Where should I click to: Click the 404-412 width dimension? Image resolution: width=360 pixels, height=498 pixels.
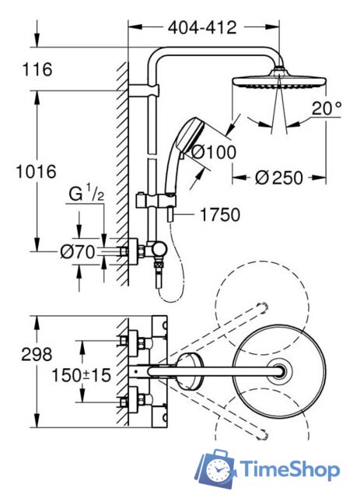tap(202, 28)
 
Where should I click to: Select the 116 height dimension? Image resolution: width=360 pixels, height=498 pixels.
tap(37, 69)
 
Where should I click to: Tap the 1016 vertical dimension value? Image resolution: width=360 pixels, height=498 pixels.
tap(37, 171)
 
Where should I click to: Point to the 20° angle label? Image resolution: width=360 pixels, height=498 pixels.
tap(327, 108)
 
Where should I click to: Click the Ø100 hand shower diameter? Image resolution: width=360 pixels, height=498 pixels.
tap(214, 153)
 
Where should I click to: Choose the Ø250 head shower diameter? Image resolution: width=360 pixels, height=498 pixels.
tap(279, 177)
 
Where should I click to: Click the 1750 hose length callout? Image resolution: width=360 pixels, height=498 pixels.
tap(220, 215)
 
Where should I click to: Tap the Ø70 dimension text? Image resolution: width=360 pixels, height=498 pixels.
tap(78, 252)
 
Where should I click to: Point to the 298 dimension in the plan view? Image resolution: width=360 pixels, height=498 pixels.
tap(37, 354)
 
